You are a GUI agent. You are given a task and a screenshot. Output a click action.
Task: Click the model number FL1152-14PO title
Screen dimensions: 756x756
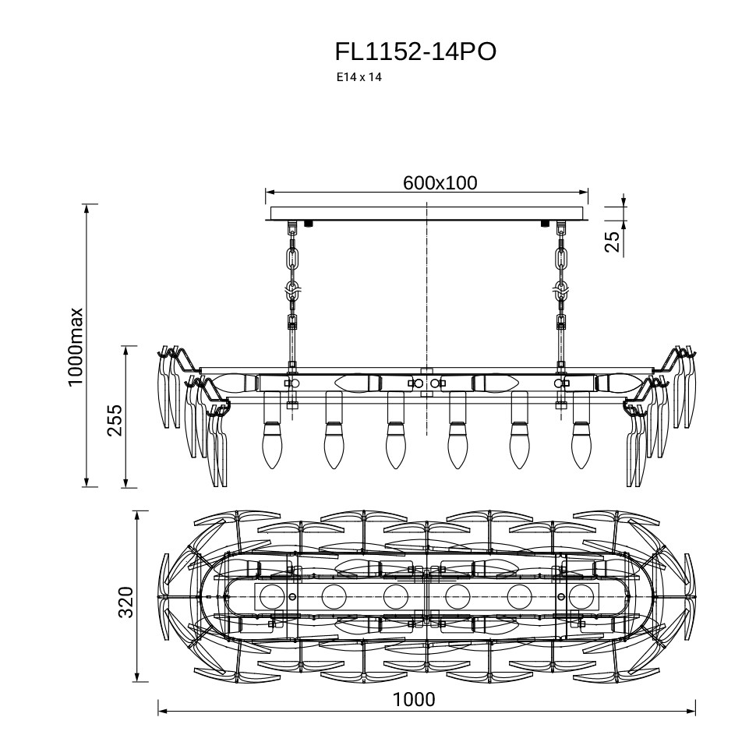click(415, 52)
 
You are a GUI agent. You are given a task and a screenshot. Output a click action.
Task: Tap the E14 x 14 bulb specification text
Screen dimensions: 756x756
click(359, 78)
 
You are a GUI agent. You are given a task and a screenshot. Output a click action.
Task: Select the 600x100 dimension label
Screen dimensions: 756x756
click(440, 183)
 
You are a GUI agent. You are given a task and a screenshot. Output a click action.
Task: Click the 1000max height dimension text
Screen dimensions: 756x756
click(76, 347)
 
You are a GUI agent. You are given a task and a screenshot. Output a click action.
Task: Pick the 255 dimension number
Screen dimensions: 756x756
click(115, 421)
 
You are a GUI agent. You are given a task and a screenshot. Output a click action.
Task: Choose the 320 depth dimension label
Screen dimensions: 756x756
click(126, 602)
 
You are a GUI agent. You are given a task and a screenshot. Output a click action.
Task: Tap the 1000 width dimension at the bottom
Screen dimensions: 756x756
click(414, 699)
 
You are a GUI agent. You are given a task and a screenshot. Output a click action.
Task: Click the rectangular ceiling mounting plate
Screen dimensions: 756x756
click(427, 213)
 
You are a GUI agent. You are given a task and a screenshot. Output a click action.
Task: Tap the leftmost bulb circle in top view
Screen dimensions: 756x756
click(272, 597)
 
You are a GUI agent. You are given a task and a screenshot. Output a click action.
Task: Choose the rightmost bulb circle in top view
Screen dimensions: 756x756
click(581, 597)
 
